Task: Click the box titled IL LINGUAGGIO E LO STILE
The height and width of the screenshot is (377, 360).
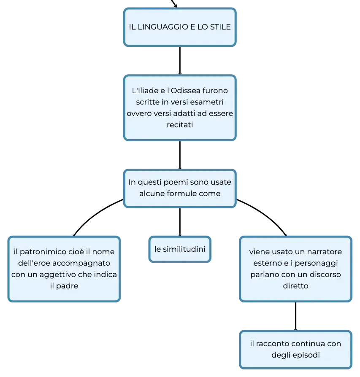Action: pos(180,27)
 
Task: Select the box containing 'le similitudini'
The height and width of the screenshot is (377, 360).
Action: pos(180,249)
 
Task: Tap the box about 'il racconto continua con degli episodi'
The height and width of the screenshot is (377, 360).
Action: pos(295,349)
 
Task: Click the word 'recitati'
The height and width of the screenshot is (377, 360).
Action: pos(180,125)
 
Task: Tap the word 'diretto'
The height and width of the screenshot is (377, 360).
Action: pos(295,286)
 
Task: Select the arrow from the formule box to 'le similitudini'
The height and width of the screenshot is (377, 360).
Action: pos(180,222)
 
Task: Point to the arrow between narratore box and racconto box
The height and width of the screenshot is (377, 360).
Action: pos(295,316)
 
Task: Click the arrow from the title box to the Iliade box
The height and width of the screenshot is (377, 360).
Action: pos(180,61)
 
